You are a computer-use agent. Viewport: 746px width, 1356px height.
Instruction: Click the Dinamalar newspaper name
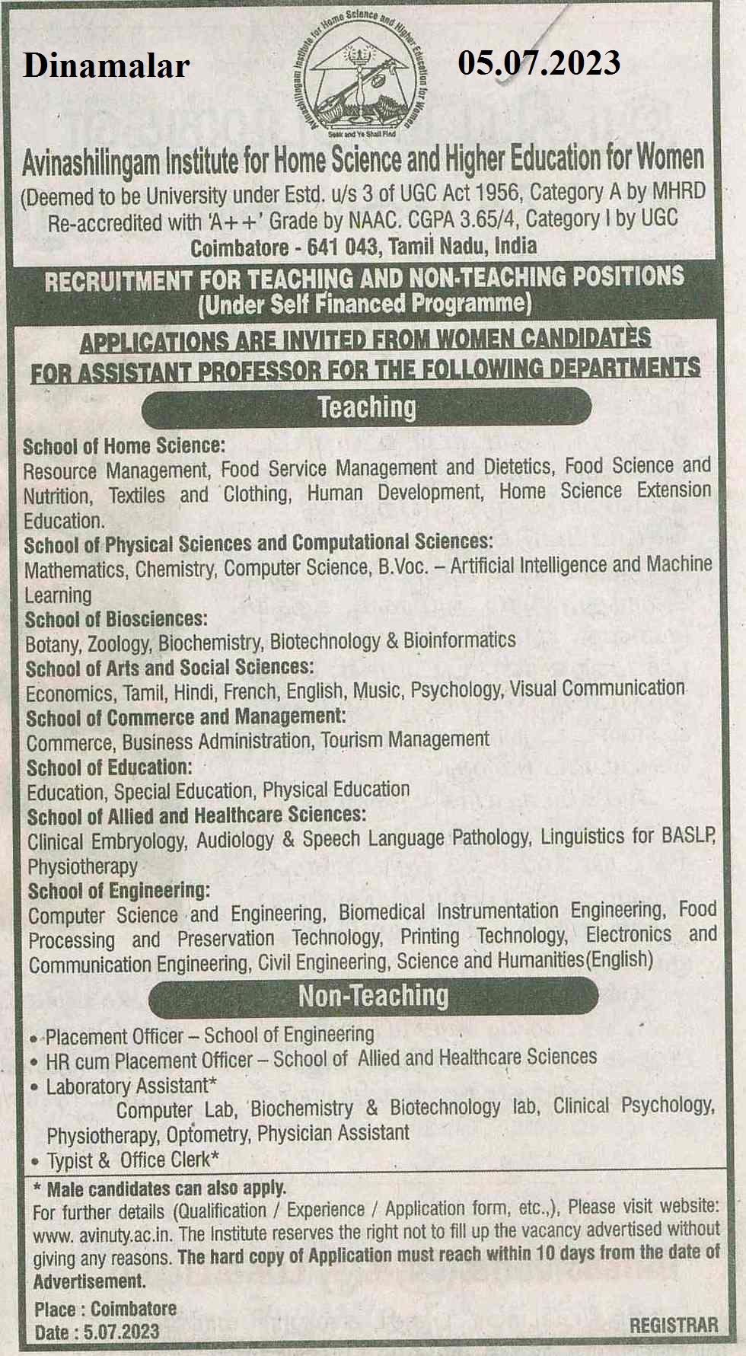106,66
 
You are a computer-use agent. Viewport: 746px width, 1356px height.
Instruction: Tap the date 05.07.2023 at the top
539,63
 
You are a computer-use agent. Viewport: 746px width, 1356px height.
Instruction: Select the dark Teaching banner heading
366,407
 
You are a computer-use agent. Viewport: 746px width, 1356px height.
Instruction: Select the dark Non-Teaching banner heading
373,996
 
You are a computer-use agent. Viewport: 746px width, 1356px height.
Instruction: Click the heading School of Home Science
124,445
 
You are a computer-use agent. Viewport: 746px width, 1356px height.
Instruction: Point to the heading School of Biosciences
116,618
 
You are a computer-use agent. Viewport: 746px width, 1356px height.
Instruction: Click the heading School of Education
110,767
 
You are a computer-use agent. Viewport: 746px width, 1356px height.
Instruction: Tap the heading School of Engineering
119,890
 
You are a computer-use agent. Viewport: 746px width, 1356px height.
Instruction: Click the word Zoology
120,644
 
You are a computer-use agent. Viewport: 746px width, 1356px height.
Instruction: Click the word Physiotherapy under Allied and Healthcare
82,866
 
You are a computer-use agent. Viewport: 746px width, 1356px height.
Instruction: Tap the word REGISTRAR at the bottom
673,1325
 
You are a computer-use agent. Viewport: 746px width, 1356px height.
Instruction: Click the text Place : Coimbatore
105,1309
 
